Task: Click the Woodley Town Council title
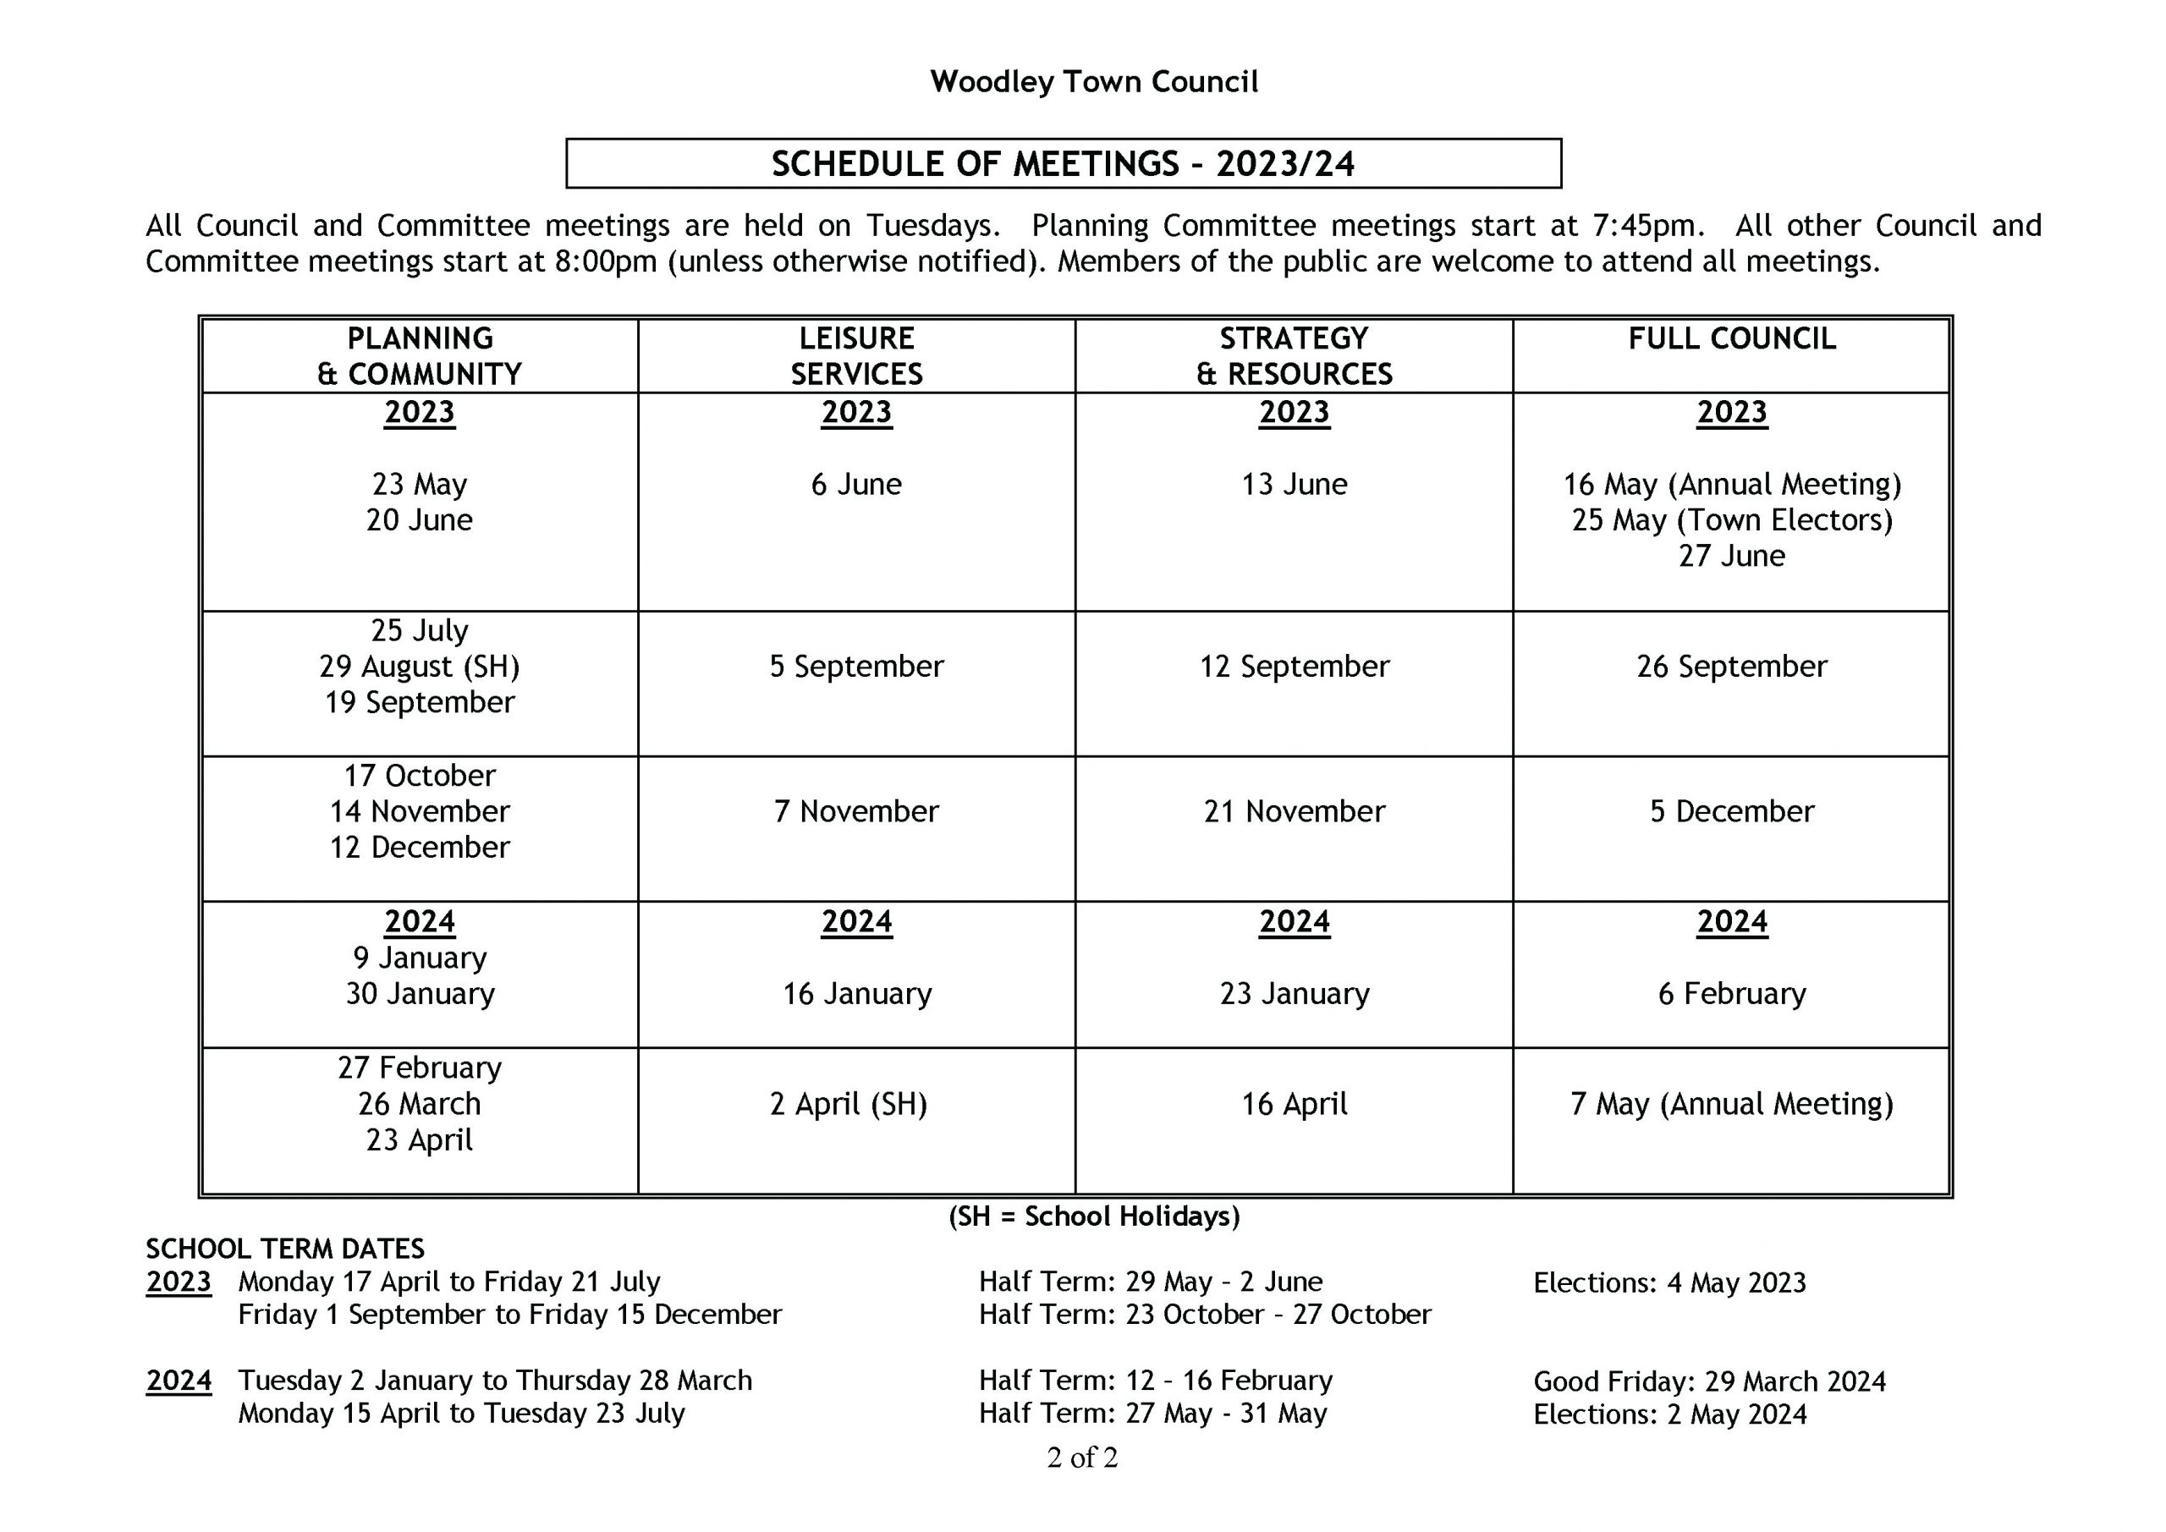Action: tap(1093, 82)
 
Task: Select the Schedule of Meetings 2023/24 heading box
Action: tap(1064, 164)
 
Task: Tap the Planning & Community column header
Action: tap(420, 355)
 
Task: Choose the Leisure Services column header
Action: tap(856, 355)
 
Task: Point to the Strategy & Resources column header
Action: tap(1295, 355)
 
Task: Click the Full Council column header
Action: tap(1732, 338)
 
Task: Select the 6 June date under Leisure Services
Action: tap(856, 485)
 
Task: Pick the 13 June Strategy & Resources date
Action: tap(1295, 485)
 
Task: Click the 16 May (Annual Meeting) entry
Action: tap(1732, 485)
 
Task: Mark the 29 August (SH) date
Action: tap(420, 667)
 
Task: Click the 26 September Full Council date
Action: tap(1732, 667)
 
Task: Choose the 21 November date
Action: tap(1295, 812)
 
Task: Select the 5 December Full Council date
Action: tap(1732, 812)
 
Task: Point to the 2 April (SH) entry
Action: tap(849, 1105)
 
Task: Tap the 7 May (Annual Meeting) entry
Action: tap(1732, 1105)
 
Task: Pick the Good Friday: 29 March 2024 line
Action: tap(1709, 1382)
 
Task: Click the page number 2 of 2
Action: tap(1082, 1458)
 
